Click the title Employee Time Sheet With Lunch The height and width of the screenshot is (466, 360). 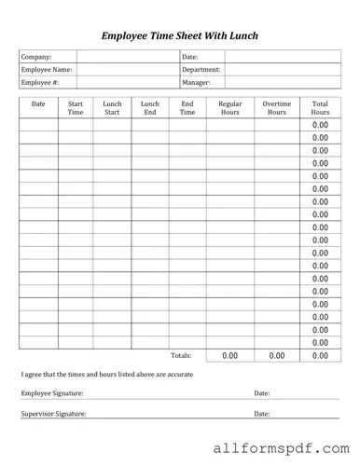click(179, 35)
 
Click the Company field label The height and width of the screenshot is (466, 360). click(36, 57)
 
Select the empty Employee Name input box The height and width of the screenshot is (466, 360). click(127, 70)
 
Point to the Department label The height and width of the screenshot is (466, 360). click(201, 70)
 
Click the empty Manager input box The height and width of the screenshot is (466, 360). click(281, 83)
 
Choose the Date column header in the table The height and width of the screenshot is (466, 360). click(38, 103)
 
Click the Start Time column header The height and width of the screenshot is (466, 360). click(76, 107)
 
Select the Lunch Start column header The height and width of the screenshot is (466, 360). click(112, 107)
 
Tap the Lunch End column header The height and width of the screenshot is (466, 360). click(149, 107)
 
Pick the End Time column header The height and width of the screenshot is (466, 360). click(187, 107)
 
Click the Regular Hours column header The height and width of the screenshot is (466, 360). click(229, 107)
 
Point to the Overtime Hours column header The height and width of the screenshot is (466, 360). click(276, 107)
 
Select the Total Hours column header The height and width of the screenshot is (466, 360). click(320, 107)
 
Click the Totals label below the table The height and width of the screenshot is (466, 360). click(181, 355)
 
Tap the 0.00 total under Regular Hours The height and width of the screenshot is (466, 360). click(229, 355)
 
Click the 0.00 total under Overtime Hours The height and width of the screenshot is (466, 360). click(276, 355)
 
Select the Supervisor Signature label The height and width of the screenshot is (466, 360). click(53, 413)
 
